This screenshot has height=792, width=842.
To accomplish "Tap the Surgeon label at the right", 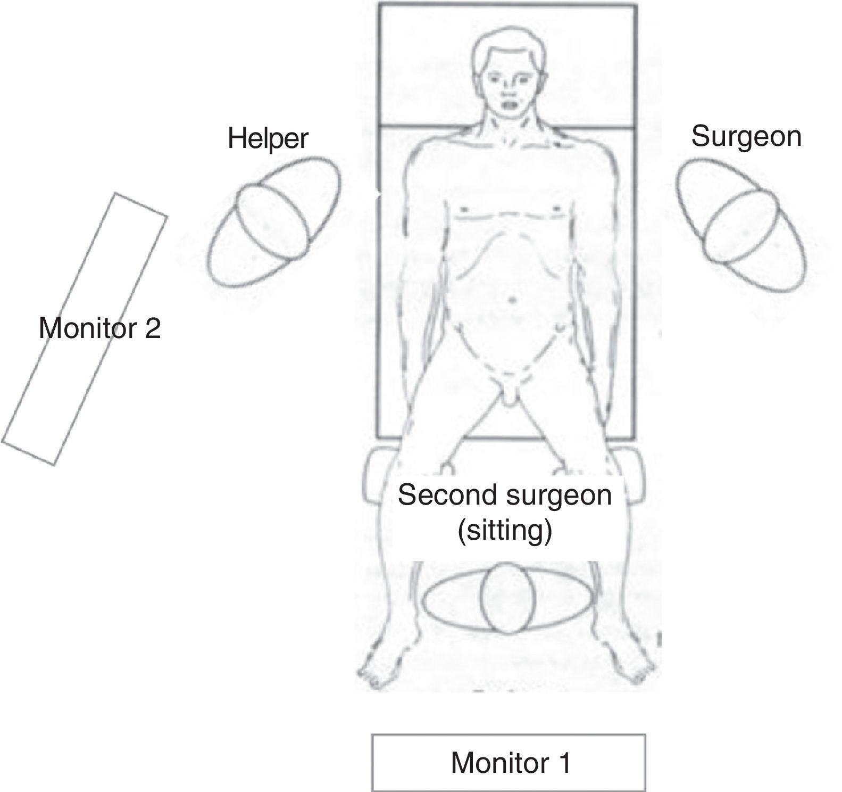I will click(746, 136).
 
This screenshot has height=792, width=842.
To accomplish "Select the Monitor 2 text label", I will click(99, 328).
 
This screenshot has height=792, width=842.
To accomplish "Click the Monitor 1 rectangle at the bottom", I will click(509, 762).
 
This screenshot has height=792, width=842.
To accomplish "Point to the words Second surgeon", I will click(505, 495).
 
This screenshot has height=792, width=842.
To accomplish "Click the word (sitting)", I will click(504, 531).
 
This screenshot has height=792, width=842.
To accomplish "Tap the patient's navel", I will click(512, 300).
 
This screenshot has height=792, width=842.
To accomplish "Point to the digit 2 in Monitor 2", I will click(153, 328).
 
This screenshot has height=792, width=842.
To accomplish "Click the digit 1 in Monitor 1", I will click(564, 762).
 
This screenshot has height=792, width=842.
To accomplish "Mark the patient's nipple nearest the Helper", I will click(464, 208).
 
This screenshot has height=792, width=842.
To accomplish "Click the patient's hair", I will click(505, 45).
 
